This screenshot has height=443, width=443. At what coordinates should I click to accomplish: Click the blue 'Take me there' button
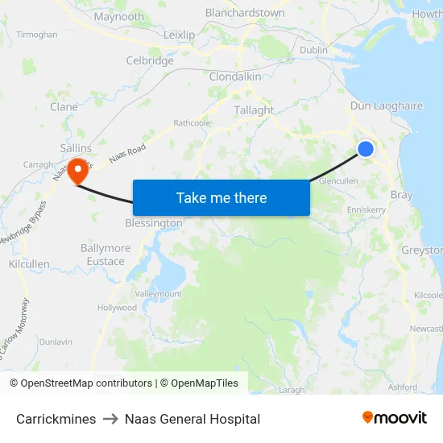221,197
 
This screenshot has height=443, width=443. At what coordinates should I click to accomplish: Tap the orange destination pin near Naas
78,170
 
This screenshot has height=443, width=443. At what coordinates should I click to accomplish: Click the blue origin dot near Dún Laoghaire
366,149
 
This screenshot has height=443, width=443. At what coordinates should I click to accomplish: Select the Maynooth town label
118,17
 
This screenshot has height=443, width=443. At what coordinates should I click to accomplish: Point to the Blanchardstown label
245,13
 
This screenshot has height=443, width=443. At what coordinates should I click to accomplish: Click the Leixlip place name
179,35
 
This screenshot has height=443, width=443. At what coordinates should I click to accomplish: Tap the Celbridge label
150,60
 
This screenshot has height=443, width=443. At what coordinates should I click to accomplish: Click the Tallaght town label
254,110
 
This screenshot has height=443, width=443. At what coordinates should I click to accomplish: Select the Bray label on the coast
401,195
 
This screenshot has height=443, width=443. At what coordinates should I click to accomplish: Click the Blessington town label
153,223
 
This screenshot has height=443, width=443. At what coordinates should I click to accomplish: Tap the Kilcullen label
29,264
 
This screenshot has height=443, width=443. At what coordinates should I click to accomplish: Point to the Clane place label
64,106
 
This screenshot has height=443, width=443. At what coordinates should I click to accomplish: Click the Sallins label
76,148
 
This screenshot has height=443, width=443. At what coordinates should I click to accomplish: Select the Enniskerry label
366,209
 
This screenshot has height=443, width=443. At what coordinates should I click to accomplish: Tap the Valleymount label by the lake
159,295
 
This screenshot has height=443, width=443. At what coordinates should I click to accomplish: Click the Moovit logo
395,418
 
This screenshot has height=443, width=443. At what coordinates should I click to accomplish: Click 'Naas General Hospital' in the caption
193,419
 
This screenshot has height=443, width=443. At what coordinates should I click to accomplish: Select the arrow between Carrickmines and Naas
110,419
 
